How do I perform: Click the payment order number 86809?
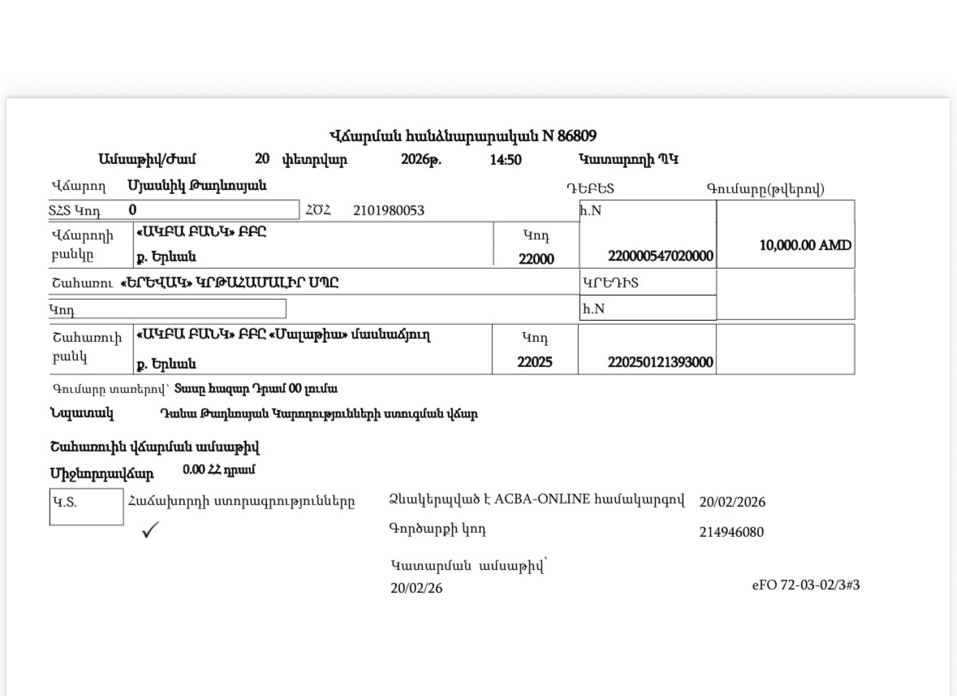577,136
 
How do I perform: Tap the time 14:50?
506,160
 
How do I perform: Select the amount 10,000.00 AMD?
805,245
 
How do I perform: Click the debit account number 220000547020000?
660,256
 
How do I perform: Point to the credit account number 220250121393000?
660,362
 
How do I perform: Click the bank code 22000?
535,258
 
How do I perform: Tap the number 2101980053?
388,211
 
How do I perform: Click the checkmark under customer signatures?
150,530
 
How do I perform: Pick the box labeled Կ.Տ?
86,507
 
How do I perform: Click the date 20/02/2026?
731,502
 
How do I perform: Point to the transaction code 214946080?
731,533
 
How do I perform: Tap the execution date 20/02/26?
416,588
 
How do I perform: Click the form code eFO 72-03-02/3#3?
805,585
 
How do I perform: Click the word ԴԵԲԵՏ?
590,189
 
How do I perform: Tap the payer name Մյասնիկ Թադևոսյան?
197,186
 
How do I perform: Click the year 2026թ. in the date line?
421,160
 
